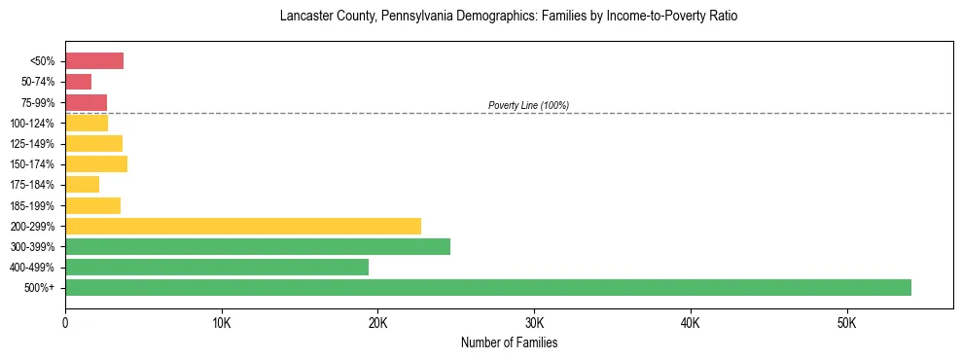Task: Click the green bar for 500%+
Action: [x=487, y=287]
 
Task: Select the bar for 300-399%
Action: [x=258, y=246]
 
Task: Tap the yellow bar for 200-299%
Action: [x=243, y=226]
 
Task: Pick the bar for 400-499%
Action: [x=217, y=267]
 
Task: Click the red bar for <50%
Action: [x=94, y=61]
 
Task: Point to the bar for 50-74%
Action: [x=78, y=82]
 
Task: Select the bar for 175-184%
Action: [x=82, y=184]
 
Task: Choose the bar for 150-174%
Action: [x=96, y=163]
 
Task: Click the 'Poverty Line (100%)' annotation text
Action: [x=528, y=105]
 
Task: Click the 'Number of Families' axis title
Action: [x=509, y=342]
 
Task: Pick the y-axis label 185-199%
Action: [x=36, y=205]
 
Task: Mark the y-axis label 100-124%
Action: [x=36, y=124]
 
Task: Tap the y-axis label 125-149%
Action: [x=36, y=144]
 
